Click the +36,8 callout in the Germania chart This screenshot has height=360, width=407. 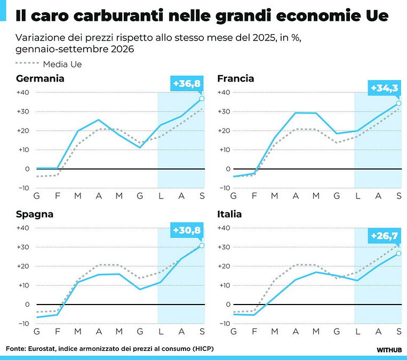[x=187, y=84]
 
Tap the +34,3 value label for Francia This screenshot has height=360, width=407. [x=385, y=88]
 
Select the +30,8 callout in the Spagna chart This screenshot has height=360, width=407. [x=187, y=230]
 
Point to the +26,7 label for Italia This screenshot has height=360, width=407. [x=385, y=236]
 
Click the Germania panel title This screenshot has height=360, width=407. [x=40, y=78]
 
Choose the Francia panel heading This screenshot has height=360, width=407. [x=236, y=78]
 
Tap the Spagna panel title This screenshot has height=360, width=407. [x=35, y=214]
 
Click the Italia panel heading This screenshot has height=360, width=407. [x=229, y=214]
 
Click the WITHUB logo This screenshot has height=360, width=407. [x=389, y=350]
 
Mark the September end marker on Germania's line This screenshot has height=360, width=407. [x=202, y=99]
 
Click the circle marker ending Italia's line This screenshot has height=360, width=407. [x=398, y=253]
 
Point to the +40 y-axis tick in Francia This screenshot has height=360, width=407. [x=224, y=92]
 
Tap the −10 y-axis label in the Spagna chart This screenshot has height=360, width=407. [x=24, y=324]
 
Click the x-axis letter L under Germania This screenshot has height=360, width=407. [x=161, y=196]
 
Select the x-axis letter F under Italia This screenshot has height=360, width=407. [x=254, y=332]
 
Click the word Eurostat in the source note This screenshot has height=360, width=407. [x=42, y=349]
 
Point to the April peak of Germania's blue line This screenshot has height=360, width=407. [x=98, y=119]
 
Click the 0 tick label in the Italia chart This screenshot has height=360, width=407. [x=228, y=305]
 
